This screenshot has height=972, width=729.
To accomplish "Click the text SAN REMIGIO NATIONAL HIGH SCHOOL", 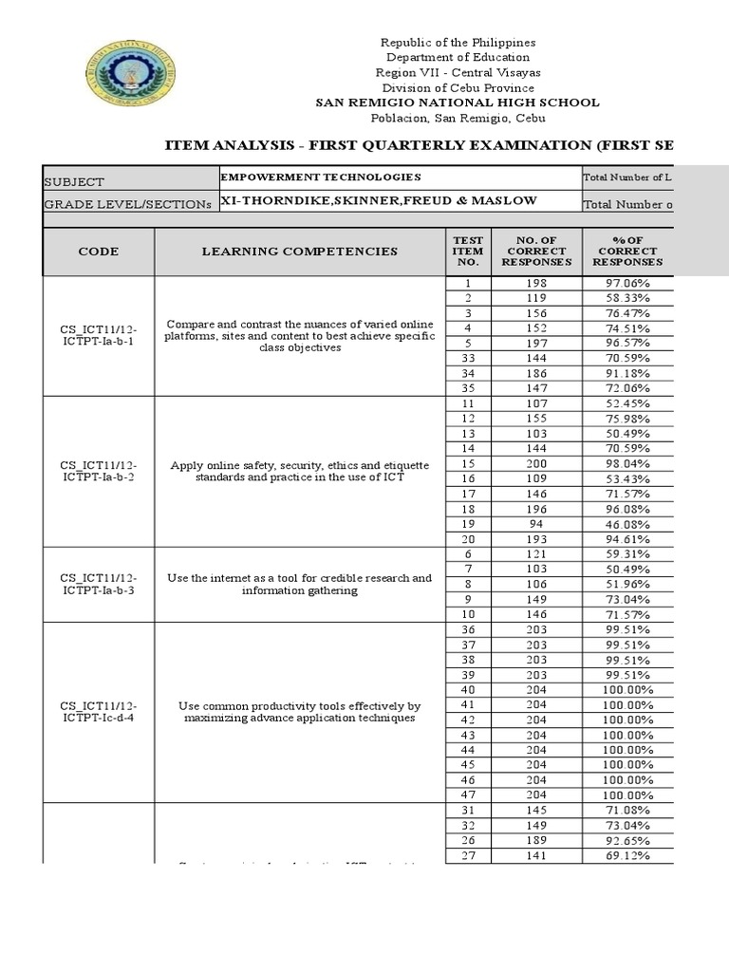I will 458,103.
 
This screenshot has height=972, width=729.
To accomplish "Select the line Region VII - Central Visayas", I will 458,72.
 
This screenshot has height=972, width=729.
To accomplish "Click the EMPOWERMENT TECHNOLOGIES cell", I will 320,178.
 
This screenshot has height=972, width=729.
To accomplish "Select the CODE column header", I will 99,252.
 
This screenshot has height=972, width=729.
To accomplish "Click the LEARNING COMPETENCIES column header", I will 299,252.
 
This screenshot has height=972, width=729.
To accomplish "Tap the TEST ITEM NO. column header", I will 468,252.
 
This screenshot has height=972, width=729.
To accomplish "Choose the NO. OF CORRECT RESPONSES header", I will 537,251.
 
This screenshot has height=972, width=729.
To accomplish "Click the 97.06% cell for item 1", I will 627,284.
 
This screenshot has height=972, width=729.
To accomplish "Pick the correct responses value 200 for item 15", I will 537,464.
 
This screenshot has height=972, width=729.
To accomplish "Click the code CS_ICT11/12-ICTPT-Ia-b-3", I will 99,584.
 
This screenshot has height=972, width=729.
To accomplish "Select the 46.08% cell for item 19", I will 627,524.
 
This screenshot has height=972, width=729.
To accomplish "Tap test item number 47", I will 468,794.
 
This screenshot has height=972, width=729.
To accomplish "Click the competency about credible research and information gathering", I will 299,584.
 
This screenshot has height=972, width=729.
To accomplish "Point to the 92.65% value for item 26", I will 627,839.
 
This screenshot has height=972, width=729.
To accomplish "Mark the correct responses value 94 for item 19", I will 537,524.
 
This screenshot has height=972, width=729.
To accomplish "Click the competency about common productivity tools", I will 299,712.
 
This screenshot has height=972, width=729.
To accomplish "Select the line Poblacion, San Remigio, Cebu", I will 458,118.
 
